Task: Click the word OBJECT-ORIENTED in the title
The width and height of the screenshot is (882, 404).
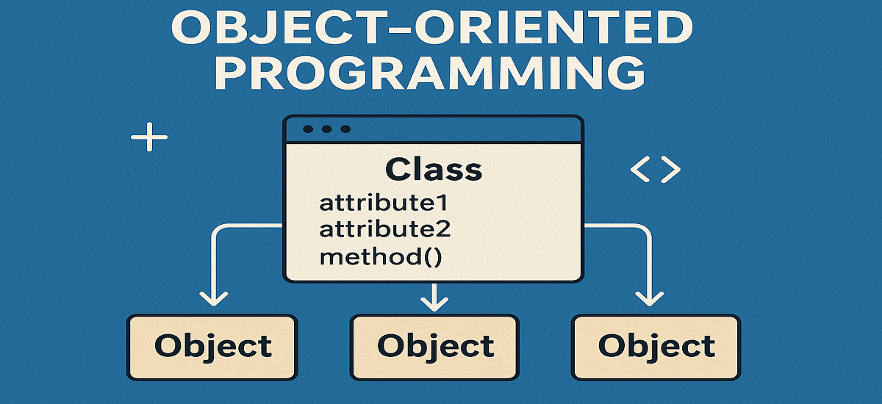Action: pos(432,28)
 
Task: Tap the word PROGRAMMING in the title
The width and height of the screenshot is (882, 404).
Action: pos(430,73)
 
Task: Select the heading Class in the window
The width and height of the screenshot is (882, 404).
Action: pos(434,169)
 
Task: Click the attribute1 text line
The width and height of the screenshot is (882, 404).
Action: pos(384,203)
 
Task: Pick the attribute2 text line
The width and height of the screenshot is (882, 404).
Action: pos(384,229)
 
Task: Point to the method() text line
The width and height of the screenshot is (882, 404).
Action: pos(381,257)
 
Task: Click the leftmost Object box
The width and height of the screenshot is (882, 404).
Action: pos(212,347)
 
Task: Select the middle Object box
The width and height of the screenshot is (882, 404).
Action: pos(434,347)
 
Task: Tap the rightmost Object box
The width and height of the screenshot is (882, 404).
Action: pos(656,347)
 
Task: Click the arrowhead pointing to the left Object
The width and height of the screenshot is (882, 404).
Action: pos(213,299)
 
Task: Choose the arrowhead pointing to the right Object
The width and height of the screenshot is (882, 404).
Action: pos(649,299)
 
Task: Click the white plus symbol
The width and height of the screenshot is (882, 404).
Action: pos(149,137)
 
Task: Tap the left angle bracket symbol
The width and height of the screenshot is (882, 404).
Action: pos(640,169)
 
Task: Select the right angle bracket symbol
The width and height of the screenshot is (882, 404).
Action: pos(670,169)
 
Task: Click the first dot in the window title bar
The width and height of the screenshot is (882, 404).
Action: pos(308,129)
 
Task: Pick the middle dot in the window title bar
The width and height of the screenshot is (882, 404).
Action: pos(327,129)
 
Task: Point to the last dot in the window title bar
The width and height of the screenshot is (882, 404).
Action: pos(345,129)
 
